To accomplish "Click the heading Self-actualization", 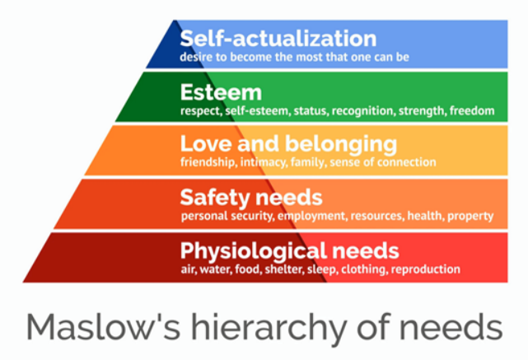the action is coord(278,38).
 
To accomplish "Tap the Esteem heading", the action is coord(221,92).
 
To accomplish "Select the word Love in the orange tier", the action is coord(206,143).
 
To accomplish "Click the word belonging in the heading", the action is coord(341,146).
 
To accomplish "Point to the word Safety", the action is coord(216,198).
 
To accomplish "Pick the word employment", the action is coord(312,216).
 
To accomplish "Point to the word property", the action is coord(470,216).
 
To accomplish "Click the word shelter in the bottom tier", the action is coord(284,269).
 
